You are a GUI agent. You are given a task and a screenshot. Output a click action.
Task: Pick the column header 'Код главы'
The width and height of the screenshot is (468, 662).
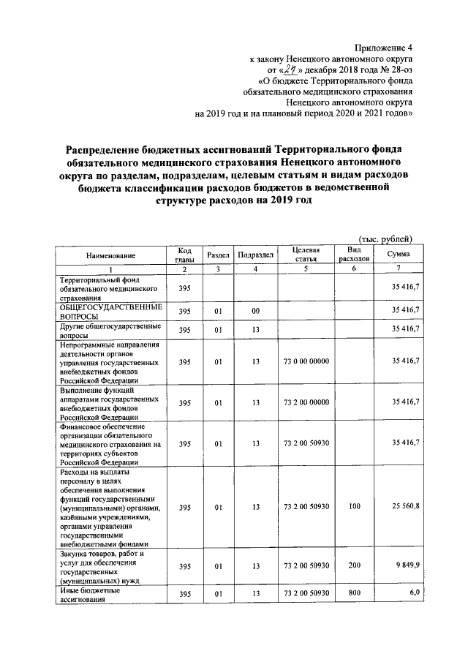click(x=184, y=255)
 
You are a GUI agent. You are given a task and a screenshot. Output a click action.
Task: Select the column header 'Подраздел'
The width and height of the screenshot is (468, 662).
click(x=256, y=255)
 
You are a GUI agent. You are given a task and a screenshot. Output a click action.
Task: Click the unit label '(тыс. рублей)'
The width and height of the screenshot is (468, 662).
click(x=385, y=239)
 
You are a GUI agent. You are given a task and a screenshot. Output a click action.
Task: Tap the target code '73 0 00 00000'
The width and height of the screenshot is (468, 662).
click(x=306, y=361)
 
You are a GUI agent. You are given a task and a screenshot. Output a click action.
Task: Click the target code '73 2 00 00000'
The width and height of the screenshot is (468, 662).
click(x=306, y=403)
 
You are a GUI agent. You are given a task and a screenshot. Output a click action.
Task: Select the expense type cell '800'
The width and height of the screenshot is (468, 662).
click(x=354, y=593)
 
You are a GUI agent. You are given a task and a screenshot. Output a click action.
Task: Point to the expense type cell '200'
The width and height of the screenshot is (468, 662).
click(x=354, y=566)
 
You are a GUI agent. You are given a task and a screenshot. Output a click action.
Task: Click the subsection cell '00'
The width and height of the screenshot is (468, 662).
click(x=256, y=311)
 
